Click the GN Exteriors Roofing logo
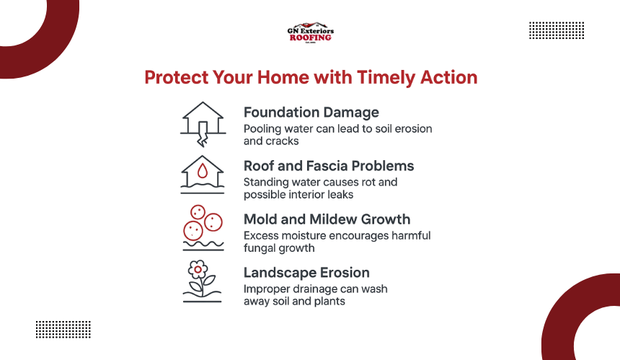click(x=311, y=32)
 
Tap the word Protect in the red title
click(x=176, y=77)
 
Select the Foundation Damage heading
click(x=311, y=113)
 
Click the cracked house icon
click(x=203, y=124)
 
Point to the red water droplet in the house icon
click(x=203, y=171)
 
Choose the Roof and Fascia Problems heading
click(x=329, y=166)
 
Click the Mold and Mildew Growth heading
click(x=327, y=219)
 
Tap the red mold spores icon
click(x=203, y=223)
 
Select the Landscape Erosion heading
click(x=306, y=273)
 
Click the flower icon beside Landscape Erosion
click(x=202, y=281)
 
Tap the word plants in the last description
click(x=329, y=302)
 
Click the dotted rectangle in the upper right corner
click(x=557, y=30)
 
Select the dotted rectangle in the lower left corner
click(x=63, y=330)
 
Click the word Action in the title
click(x=449, y=77)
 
